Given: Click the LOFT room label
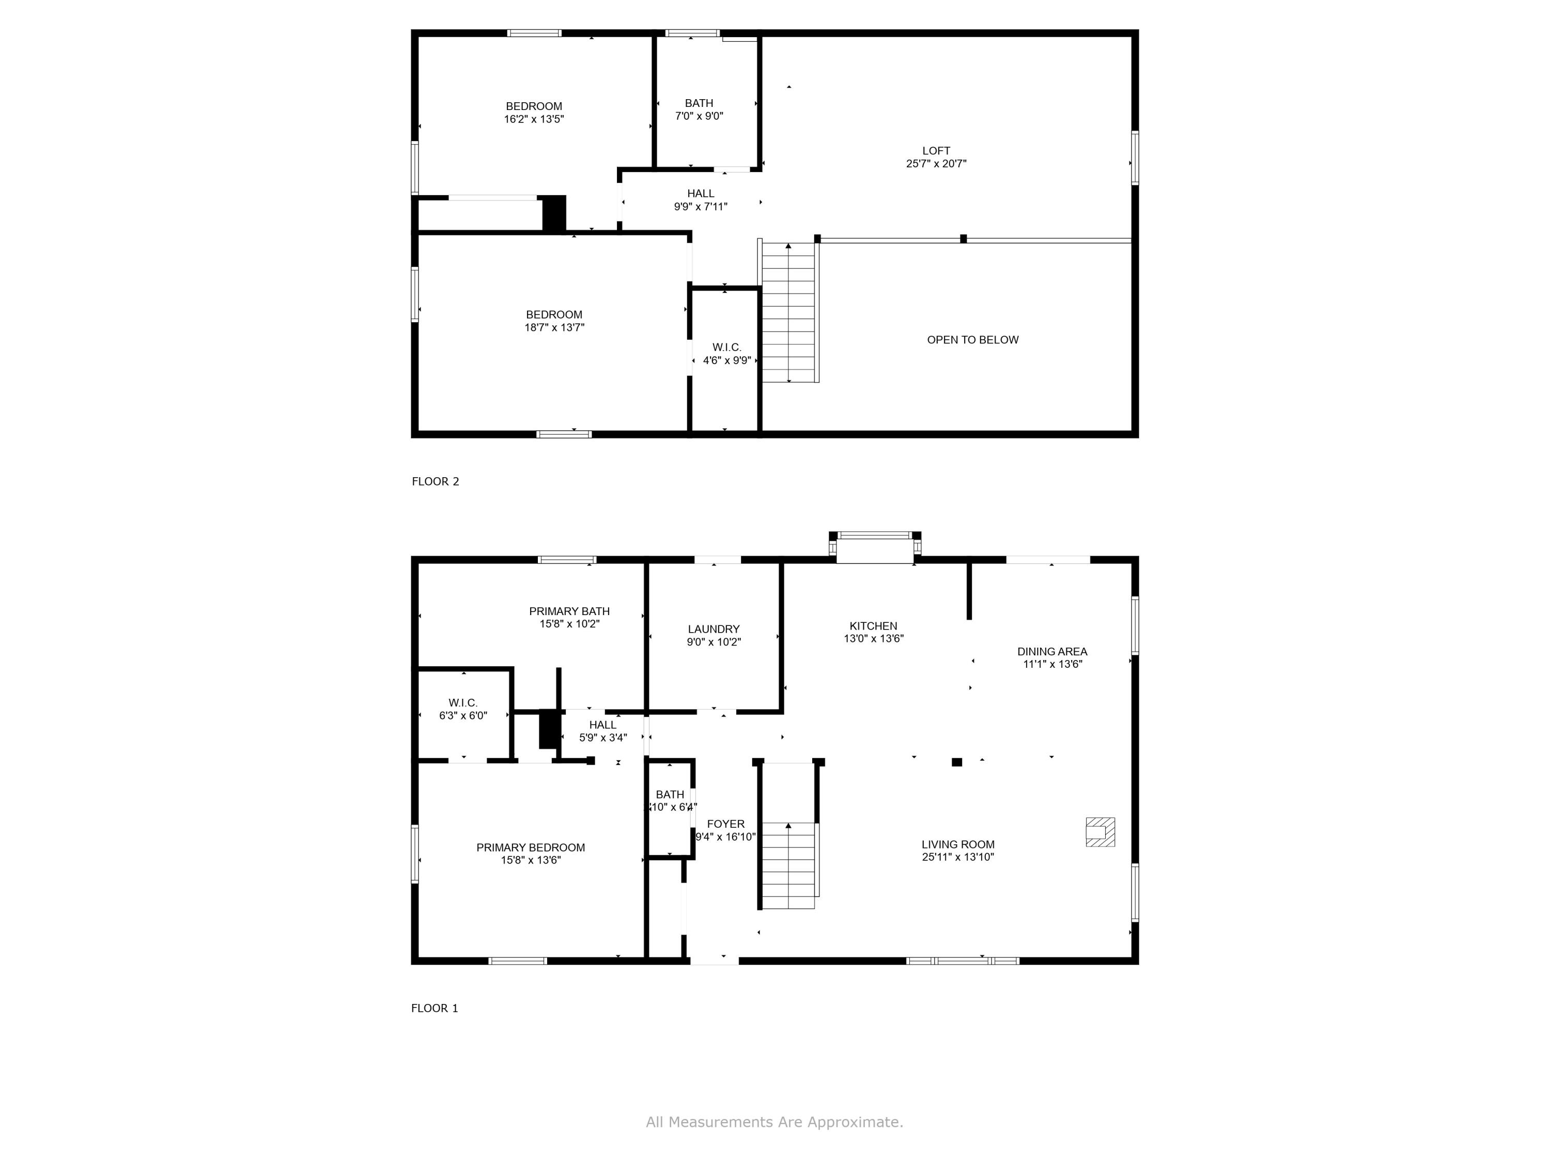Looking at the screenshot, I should [x=936, y=151].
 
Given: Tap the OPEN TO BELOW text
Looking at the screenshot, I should [x=972, y=340].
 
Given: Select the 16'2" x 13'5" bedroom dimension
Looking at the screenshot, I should [x=533, y=119].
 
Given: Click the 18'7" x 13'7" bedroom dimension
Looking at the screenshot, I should [x=554, y=327].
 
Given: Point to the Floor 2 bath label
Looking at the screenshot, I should [x=699, y=103].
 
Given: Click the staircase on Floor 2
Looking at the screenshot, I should [x=789, y=312].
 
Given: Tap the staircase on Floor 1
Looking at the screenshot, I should [x=789, y=865].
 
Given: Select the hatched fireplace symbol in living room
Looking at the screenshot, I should [x=1099, y=832].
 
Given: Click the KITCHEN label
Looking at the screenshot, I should [x=873, y=626].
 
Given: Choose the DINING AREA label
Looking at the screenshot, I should [x=1052, y=651].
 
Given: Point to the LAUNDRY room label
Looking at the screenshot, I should [x=714, y=629].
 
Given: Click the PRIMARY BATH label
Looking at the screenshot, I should [x=569, y=611].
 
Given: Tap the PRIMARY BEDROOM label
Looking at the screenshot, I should [x=531, y=847].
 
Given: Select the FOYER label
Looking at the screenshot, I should [x=725, y=824].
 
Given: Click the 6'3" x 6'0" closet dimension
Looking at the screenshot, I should [x=462, y=715].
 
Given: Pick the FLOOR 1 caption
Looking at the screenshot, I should [x=435, y=1008].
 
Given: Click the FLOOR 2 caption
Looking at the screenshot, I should [x=435, y=481].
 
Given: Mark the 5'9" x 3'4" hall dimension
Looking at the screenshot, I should [x=602, y=737].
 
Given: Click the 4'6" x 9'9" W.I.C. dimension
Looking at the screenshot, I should [x=726, y=360].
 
